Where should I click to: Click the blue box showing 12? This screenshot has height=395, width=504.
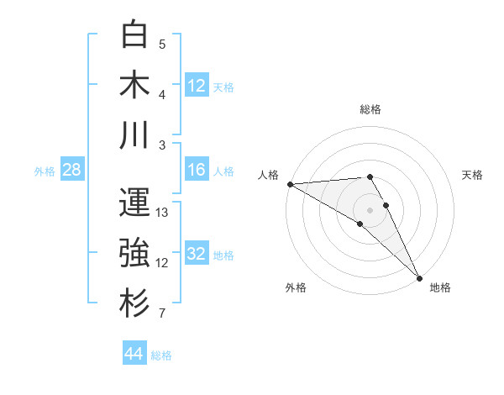197,85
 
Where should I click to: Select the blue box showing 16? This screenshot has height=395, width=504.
197,170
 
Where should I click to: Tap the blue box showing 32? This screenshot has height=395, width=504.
197,254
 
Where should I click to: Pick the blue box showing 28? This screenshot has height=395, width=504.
71,170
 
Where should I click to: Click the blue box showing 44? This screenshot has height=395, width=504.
134,354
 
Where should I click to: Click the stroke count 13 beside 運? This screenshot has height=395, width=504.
163,212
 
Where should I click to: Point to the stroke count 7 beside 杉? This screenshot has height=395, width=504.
162,314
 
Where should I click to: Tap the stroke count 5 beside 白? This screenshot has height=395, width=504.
162,44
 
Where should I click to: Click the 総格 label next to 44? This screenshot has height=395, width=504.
161,355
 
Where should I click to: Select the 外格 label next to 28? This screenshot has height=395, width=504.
45,171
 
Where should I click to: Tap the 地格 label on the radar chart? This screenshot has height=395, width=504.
440,287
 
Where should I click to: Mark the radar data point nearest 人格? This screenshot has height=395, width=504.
290,184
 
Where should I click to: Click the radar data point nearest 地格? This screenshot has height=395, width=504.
417,277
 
